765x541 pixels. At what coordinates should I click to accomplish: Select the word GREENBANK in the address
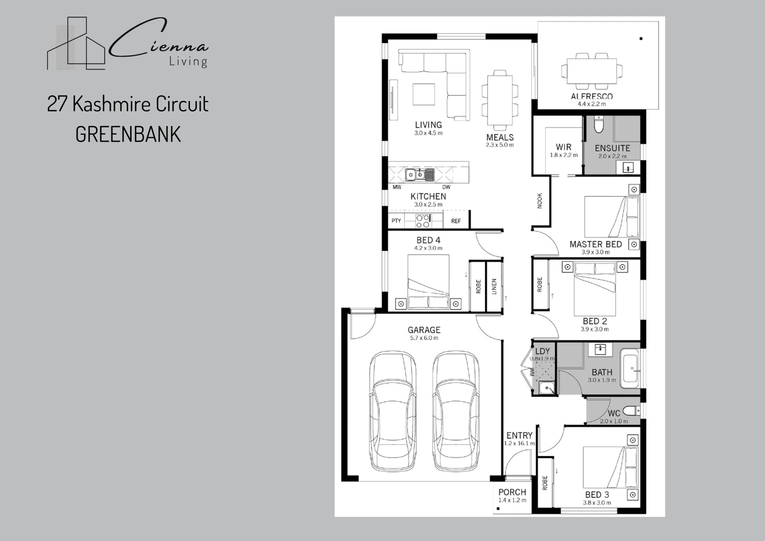[x=128, y=135]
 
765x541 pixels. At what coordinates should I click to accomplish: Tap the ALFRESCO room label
[x=591, y=96]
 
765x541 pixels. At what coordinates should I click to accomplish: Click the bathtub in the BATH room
[x=629, y=370]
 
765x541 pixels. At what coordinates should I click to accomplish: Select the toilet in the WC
[x=632, y=411]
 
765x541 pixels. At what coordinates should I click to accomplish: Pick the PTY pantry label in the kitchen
[x=396, y=221]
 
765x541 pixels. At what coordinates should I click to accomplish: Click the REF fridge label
[x=456, y=221]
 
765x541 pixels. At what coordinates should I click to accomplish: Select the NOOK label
[x=540, y=201]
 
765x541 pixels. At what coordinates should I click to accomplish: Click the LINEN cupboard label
[x=494, y=287]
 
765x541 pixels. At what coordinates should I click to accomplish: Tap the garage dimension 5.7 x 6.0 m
[x=424, y=338]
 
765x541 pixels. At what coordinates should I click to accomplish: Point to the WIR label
[x=563, y=147]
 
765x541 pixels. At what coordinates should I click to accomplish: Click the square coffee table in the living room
[x=424, y=94]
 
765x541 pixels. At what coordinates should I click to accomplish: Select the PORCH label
[x=512, y=492]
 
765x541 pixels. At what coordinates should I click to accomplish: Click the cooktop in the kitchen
[x=423, y=221]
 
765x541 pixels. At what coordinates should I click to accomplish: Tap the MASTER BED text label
[x=595, y=244]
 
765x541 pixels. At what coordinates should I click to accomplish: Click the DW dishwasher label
[x=446, y=187]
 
